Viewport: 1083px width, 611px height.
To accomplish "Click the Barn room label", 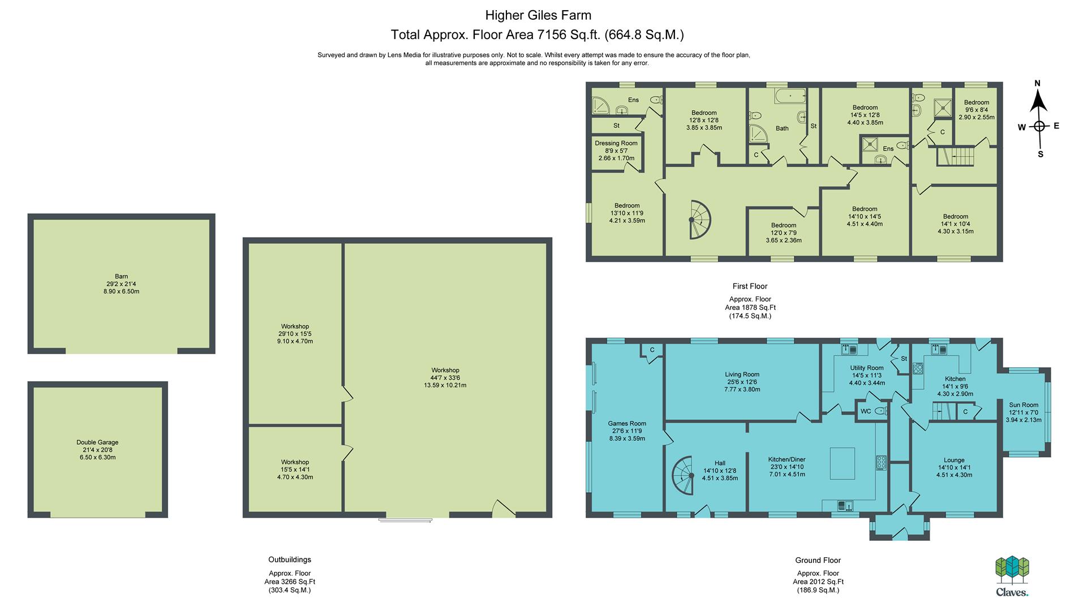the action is [121, 277].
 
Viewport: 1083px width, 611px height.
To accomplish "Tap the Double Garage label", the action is [97, 442].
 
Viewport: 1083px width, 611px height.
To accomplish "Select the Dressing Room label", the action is [616, 143].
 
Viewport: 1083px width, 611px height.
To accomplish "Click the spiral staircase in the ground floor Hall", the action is [684, 475].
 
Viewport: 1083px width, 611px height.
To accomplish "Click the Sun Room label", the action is [1024, 405].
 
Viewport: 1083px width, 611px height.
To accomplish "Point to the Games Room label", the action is [627, 423].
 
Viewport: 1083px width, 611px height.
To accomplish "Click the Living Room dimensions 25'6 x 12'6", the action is [742, 382].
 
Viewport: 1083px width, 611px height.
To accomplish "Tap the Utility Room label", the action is [866, 368].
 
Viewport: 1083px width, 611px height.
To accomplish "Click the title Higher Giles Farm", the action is [538, 15].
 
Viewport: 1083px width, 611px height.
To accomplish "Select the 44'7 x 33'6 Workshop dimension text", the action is [445, 378].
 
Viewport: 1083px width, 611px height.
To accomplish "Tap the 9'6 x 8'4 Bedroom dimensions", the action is [977, 110].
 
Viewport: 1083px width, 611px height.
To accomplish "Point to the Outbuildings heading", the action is [290, 560].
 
